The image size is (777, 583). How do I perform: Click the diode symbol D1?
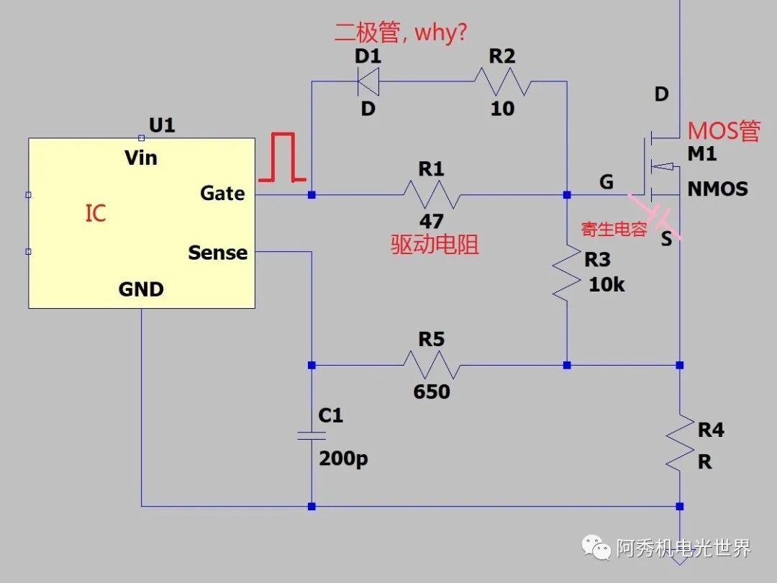[368, 81]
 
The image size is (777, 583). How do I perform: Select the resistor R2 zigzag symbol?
[503, 81]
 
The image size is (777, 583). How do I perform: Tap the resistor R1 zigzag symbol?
[431, 194]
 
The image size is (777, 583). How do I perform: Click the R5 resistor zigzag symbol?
[431, 365]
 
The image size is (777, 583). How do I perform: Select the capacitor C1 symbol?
[312, 435]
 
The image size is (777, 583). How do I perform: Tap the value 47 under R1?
[431, 220]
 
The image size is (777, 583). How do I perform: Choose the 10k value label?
[606, 284]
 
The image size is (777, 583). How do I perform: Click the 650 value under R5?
[431, 392]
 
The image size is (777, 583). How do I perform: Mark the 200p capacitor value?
[343, 458]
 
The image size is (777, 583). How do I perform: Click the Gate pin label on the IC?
[222, 193]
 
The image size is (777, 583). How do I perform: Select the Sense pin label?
[217, 253]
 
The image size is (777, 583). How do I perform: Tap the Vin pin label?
[141, 158]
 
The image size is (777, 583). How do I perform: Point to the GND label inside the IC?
[141, 289]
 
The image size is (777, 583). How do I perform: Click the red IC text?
[96, 213]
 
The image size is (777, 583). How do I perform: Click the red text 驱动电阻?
[435, 245]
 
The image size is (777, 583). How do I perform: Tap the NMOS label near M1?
[717, 189]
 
